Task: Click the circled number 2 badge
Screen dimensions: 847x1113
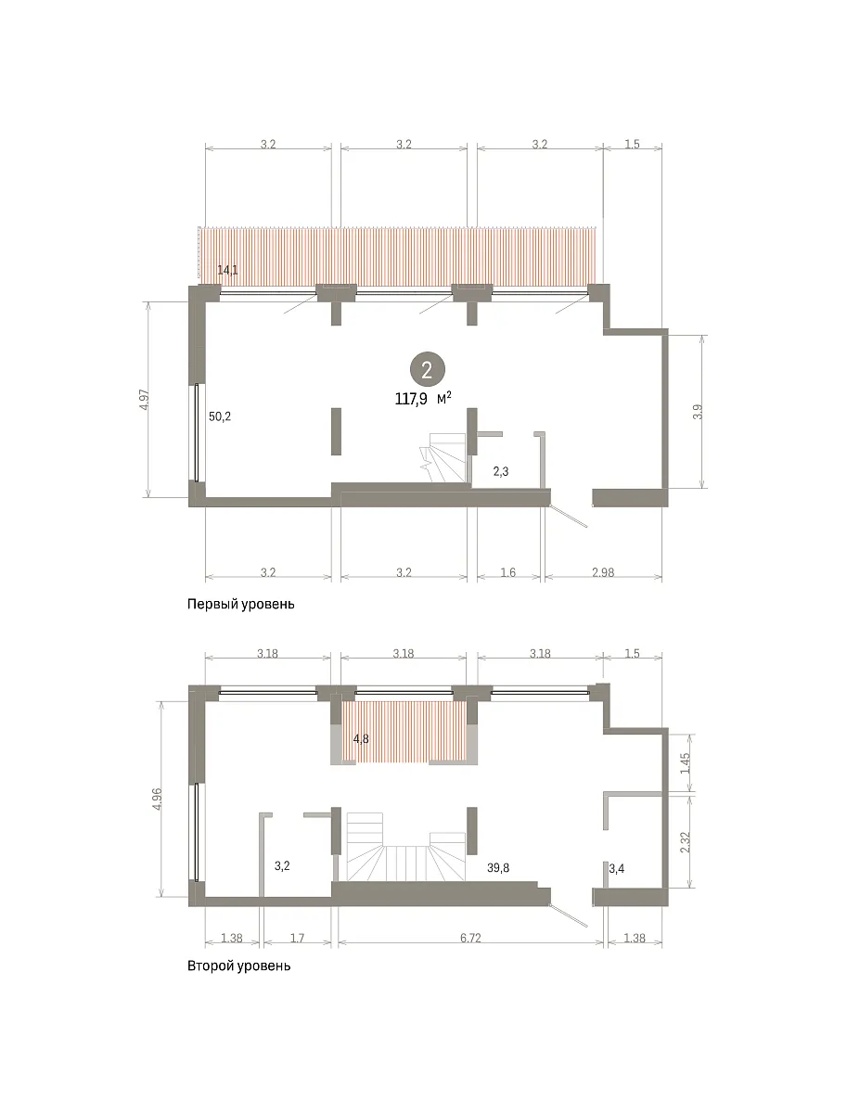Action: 427,370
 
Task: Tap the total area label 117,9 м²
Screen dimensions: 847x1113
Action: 423,399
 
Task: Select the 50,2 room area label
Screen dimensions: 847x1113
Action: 220,416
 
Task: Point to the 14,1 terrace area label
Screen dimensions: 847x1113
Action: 227,270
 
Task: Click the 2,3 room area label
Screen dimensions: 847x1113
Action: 501,471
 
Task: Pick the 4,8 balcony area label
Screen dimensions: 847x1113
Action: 361,739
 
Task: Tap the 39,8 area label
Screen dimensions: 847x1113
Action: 498,867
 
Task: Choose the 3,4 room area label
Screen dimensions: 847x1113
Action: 616,868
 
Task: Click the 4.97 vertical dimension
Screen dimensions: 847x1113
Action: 145,400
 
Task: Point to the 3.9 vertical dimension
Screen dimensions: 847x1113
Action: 698,411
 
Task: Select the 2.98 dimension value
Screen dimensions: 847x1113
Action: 603,572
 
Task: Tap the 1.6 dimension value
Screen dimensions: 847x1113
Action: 507,572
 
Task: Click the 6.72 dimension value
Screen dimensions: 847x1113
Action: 470,938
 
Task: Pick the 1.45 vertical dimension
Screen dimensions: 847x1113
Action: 686,763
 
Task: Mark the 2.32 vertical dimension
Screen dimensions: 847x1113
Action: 686,842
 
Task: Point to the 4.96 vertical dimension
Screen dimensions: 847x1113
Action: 157,800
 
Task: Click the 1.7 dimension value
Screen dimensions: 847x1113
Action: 297,938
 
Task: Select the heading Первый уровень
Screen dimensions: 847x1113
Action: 241,604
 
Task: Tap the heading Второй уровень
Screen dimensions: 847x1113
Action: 238,966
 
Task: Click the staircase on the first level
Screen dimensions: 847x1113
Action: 443,457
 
